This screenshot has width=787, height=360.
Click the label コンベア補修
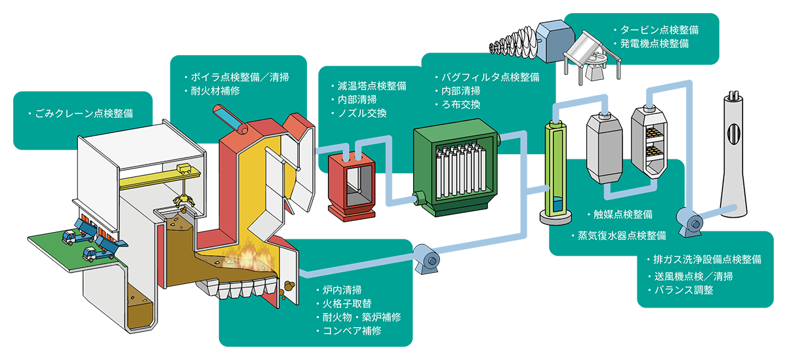pyautogui.click(x=352, y=331)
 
